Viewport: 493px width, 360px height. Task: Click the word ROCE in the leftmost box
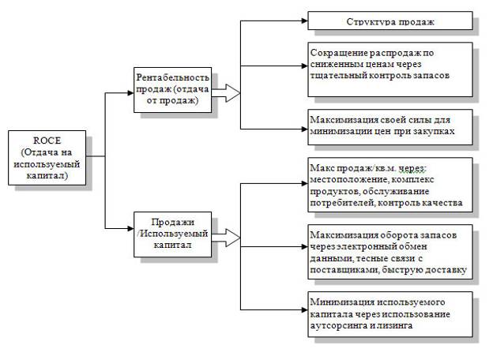(47, 140)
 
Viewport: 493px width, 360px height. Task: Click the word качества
(450, 204)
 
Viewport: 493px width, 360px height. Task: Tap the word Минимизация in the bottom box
(341, 302)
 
